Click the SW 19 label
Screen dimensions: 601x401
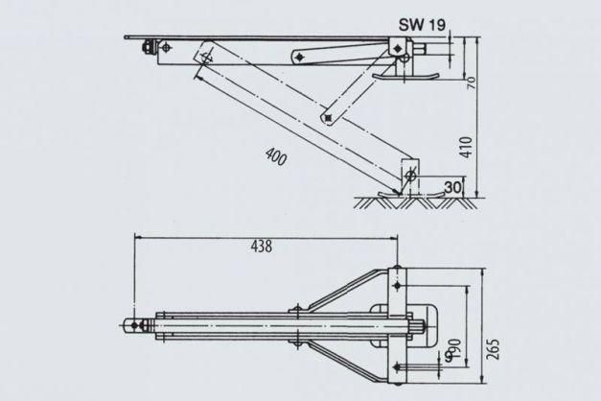[422, 25]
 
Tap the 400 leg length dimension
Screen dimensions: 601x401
[276, 156]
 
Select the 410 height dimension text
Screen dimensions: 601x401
[467, 147]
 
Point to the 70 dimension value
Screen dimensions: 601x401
[472, 83]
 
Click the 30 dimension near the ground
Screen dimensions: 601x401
[452, 187]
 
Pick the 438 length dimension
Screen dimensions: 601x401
[262, 247]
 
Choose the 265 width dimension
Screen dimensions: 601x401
[494, 349]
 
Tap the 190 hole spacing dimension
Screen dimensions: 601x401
[455, 348]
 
